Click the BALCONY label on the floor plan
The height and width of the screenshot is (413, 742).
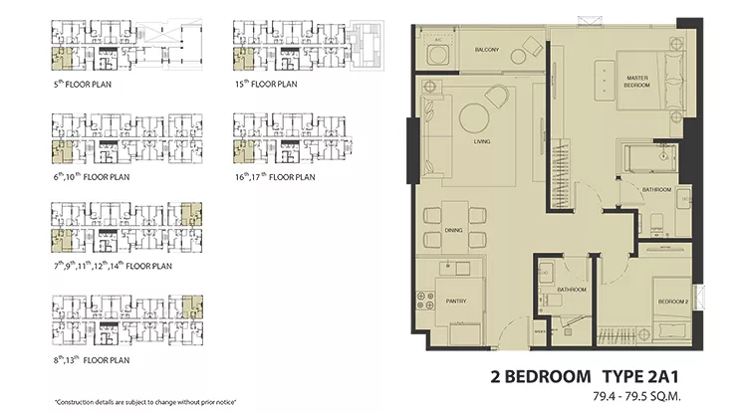point(486,50)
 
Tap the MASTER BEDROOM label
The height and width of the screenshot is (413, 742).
point(637,82)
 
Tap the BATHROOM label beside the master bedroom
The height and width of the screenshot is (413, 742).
point(656,189)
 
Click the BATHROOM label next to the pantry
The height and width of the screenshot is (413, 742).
point(571,290)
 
